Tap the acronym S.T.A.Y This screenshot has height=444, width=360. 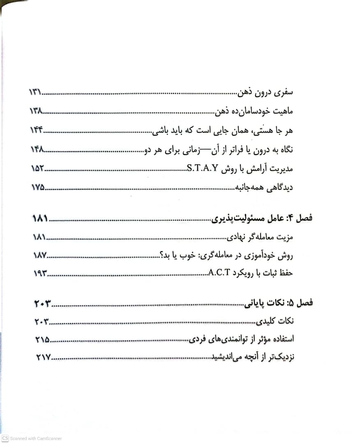[202, 169]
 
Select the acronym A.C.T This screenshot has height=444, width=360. [222, 273]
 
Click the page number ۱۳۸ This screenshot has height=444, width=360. [36, 112]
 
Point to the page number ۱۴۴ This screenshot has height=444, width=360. [36, 131]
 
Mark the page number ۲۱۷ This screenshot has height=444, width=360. [43, 358]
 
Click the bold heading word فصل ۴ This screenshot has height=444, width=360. [302, 218]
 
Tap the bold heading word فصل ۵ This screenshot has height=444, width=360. [302, 303]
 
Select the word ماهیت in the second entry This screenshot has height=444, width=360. [283, 112]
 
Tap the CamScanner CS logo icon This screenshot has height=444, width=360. [5, 438]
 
